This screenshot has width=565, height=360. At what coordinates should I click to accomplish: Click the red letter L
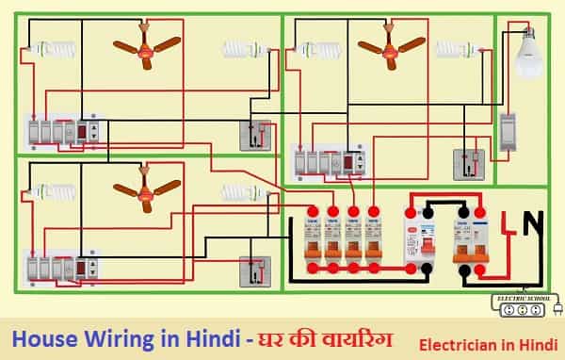point(506,225)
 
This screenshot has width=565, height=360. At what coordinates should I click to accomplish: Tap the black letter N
point(533,225)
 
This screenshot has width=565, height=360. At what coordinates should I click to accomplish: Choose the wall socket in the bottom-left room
point(253,273)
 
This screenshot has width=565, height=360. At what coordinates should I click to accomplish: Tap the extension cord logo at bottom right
point(526,305)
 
